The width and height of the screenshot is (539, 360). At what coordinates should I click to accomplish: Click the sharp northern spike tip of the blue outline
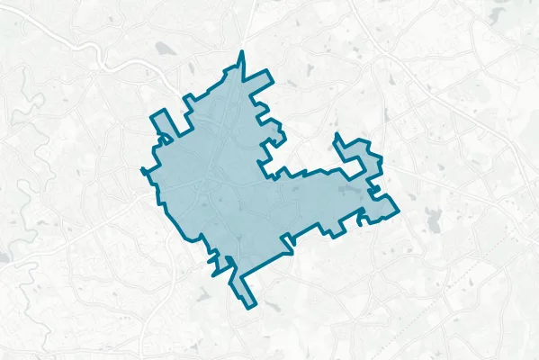(241, 54)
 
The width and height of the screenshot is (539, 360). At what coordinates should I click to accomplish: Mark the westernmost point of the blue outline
(143, 168)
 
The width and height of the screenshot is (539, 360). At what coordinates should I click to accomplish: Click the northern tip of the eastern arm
(337, 135)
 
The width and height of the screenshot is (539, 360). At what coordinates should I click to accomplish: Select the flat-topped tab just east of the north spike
(261, 76)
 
